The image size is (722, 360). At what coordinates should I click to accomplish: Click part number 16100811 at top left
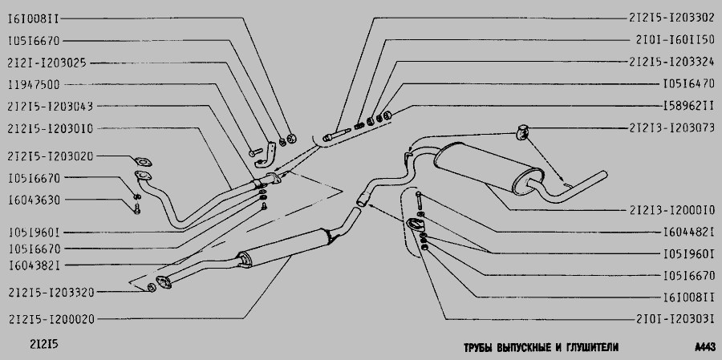click(33, 19)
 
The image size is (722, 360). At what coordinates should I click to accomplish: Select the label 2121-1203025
click(47, 63)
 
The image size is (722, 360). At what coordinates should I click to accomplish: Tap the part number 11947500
click(34, 85)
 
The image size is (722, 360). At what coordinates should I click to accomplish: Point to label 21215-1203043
click(51, 107)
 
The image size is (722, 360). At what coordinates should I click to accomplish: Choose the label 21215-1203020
click(51, 156)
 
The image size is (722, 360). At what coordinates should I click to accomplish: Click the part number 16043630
click(34, 200)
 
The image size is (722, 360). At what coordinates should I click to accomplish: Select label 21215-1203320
click(51, 292)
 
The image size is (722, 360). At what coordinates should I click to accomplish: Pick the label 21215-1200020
click(51, 319)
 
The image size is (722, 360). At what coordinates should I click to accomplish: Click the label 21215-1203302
click(671, 18)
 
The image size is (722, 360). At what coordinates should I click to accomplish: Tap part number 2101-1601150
click(675, 39)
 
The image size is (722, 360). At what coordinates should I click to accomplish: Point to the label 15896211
click(689, 106)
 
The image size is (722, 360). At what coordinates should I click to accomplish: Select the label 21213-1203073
click(671, 127)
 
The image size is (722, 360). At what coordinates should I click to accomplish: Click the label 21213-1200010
click(671, 210)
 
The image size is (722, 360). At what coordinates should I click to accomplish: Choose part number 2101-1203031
click(675, 319)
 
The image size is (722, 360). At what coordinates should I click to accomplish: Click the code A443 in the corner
click(705, 346)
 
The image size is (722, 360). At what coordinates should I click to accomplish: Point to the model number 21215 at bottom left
click(44, 345)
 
